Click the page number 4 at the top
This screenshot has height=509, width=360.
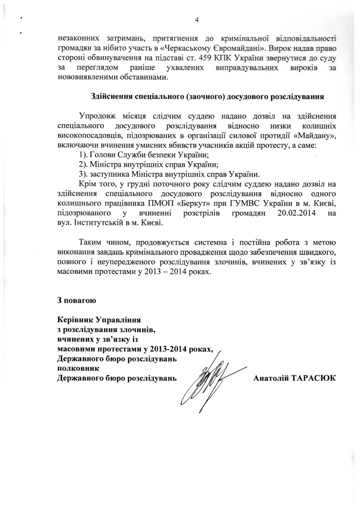[x=197, y=20]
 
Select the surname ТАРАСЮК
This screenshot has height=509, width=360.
[x=314, y=377]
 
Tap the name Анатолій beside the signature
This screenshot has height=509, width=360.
[x=271, y=377]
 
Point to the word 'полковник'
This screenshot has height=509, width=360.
[x=76, y=368]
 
